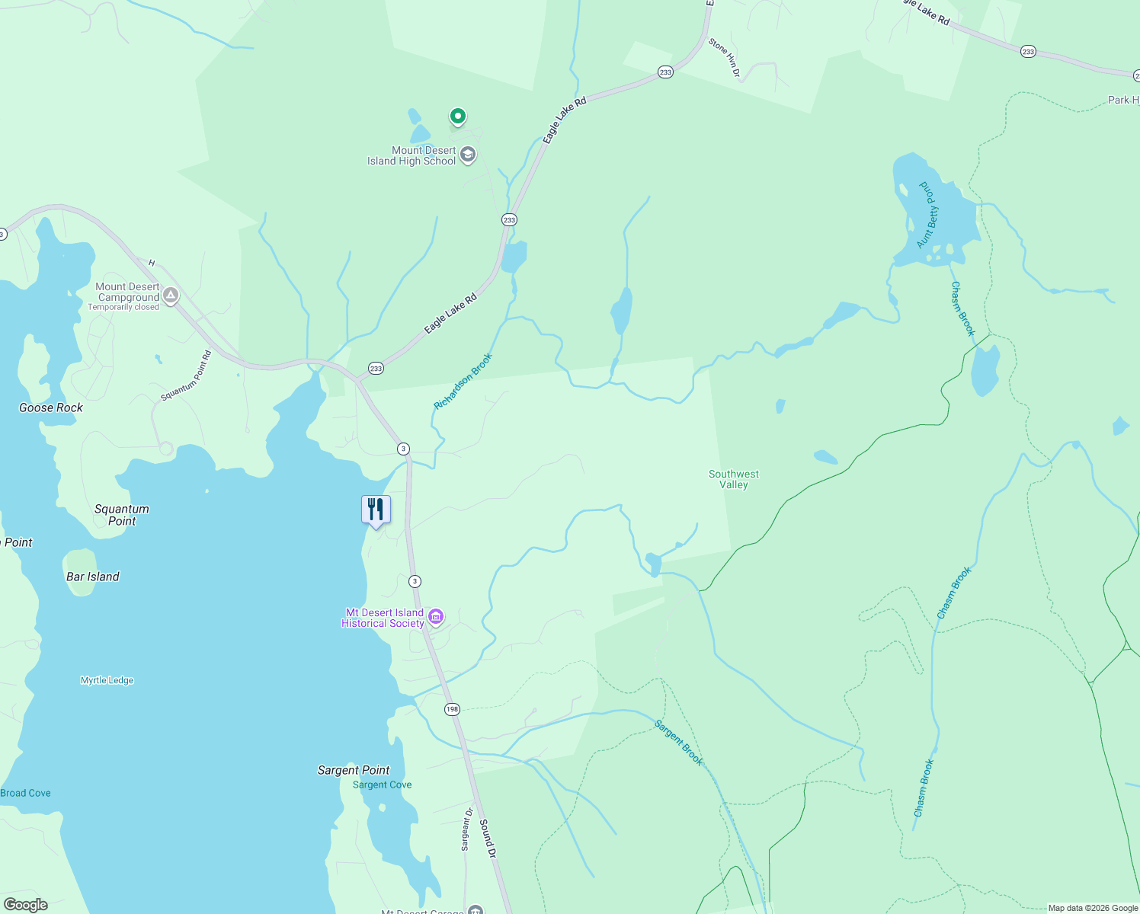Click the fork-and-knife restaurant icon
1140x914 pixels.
pos(376,509)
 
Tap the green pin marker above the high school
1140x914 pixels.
pos(457,117)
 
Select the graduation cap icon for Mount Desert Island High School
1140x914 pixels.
pos(468,155)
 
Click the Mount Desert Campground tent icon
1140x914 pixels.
pos(171,295)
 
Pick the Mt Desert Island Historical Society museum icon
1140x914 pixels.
pos(436,616)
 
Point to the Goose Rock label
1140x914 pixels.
pos(51,407)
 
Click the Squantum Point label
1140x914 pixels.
pos(122,515)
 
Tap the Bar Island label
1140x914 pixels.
pos(93,577)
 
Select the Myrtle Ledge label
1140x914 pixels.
pos(107,680)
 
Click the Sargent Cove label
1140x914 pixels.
pos(382,785)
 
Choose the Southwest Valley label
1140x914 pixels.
pos(733,479)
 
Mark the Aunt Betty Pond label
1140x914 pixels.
pos(928,215)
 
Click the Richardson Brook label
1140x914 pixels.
pos(463,381)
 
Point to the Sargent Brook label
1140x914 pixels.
pos(678,743)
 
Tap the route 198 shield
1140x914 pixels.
pos(452,709)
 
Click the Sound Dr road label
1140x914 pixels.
pos(488,839)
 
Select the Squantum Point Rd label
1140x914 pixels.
pos(186,376)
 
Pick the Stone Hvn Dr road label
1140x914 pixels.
pos(724,57)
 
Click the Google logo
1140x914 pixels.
pos(26,905)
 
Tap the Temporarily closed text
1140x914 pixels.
pos(123,307)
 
